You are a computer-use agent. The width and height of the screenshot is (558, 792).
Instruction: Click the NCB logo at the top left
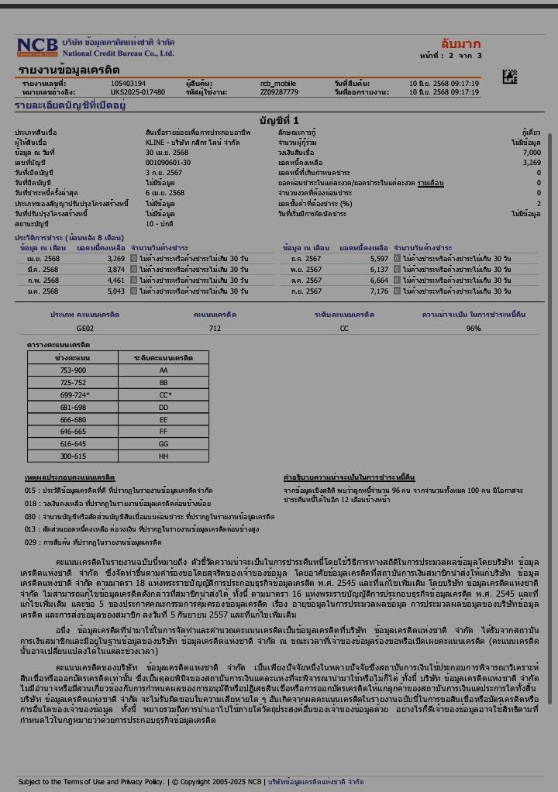38,47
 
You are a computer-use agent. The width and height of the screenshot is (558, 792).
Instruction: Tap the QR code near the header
509,76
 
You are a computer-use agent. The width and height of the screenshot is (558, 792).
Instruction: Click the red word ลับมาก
460,43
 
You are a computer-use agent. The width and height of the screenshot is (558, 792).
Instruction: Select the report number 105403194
128,83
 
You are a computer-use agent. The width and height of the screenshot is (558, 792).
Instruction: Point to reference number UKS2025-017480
137,92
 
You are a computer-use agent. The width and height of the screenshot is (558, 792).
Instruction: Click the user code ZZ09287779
279,92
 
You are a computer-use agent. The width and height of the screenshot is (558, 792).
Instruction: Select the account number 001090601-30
167,163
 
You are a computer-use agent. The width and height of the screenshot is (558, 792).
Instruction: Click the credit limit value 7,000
531,153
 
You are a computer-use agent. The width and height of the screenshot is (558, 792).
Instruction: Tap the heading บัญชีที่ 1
279,120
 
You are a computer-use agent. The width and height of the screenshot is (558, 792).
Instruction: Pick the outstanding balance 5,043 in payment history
115,291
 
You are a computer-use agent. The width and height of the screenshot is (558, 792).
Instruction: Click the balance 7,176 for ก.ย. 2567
379,291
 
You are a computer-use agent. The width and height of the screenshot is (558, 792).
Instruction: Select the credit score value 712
215,329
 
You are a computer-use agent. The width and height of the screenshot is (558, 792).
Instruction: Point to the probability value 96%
474,329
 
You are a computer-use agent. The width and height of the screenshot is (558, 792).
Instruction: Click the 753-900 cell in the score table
73,370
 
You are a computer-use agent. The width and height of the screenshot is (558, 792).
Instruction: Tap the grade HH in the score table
164,456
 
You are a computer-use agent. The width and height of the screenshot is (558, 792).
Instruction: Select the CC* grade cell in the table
164,395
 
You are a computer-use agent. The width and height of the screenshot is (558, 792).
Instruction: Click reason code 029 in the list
30,542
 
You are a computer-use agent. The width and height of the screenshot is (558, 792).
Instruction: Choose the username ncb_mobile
277,83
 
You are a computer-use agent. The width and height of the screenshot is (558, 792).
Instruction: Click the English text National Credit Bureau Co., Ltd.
118,53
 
